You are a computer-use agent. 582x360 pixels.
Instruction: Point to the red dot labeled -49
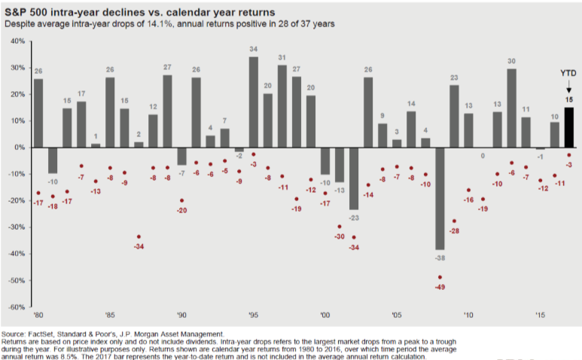click(x=440, y=277)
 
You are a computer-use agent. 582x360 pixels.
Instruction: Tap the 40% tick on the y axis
click(x=18, y=41)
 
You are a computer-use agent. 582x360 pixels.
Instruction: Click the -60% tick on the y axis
click(x=17, y=307)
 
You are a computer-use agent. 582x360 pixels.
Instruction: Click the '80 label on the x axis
click(x=38, y=317)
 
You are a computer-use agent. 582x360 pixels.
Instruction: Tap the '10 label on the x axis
click(x=468, y=317)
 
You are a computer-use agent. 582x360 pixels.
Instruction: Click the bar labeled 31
click(x=282, y=106)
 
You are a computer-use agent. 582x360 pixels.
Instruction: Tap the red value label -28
click(x=454, y=231)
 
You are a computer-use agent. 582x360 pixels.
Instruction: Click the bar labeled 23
click(x=454, y=116)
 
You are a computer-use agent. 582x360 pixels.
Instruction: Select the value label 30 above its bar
click(x=511, y=61)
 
